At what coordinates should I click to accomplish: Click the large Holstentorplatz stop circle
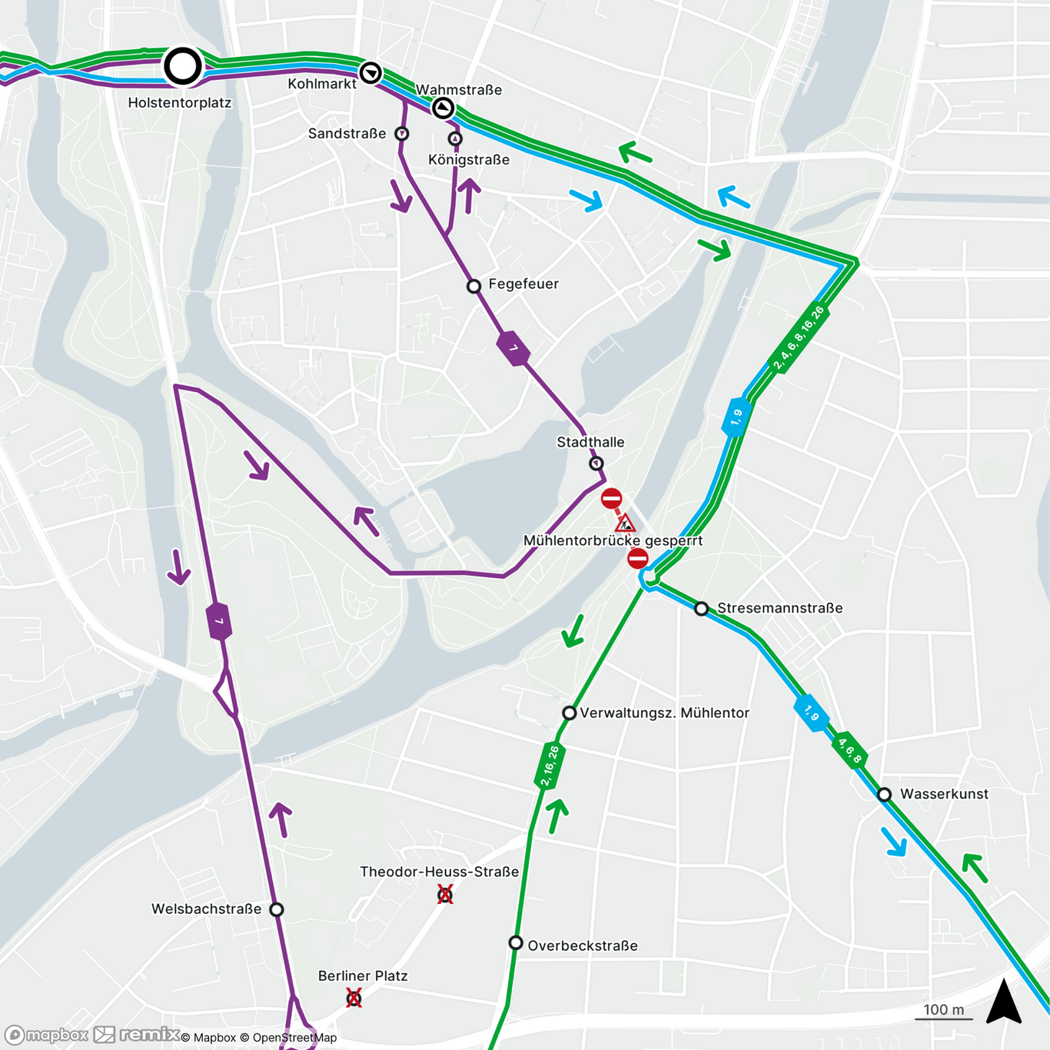coord(183,66)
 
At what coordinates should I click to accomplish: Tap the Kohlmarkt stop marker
coord(370,73)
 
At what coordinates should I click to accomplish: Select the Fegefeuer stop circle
coord(473,287)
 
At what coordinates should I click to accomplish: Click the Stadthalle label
coord(590,442)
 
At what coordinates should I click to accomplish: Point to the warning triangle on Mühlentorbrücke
coord(626,524)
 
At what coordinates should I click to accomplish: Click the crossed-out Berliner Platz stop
coord(354,998)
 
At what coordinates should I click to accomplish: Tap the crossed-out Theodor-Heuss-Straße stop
coord(445,894)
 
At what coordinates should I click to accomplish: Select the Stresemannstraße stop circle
coord(701,609)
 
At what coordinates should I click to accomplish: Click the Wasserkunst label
coord(944,794)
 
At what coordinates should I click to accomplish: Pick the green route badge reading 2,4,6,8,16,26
coord(799,338)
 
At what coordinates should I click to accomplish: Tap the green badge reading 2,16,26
coord(550,766)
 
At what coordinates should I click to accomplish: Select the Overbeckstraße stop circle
coord(516,943)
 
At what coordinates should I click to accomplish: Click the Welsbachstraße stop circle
coord(277,909)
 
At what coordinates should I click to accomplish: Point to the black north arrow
coord(1004,1002)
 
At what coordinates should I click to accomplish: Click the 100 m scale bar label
coord(943,1010)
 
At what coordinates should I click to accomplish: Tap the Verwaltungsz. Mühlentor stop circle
coord(569,713)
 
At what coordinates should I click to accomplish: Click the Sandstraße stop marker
coord(401,134)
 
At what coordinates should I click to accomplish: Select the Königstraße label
coord(469,160)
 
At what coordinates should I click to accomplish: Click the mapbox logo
coord(48,1035)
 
